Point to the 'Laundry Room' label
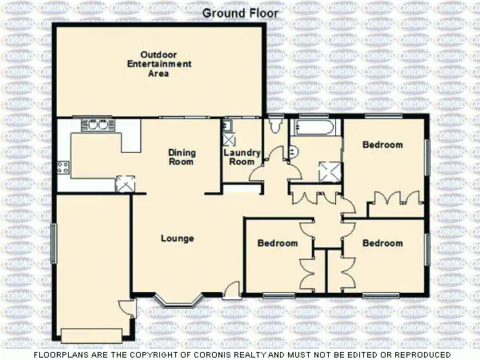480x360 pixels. coord(239,156)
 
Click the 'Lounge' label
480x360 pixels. coord(178,238)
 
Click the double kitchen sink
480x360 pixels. coord(98,125)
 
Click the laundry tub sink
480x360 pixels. coord(228,126)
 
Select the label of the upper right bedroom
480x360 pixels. coord(382,145)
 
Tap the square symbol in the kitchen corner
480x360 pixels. coord(124,182)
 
